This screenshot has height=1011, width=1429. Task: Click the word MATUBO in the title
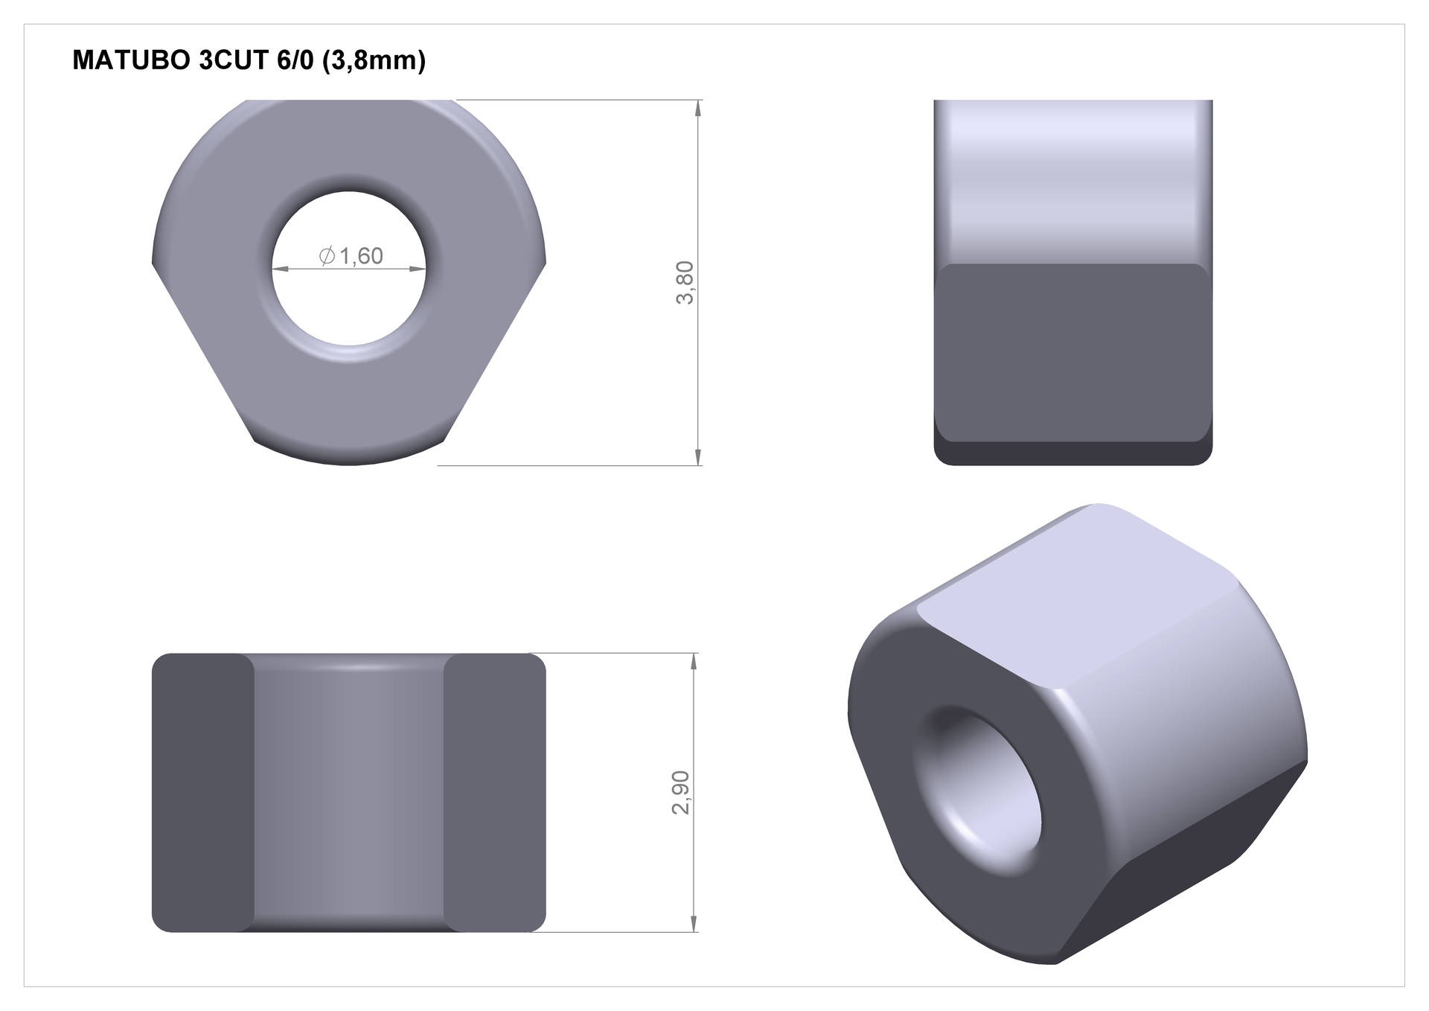[x=131, y=60]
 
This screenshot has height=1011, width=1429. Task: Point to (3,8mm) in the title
[x=374, y=61]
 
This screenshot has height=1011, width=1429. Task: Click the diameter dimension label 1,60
[x=361, y=256]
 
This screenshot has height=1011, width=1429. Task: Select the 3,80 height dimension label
[x=685, y=282]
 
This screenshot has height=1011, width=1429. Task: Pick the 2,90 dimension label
[x=682, y=792]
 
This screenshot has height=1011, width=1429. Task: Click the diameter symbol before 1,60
[x=326, y=256]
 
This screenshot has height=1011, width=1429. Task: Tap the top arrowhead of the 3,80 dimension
[x=697, y=109]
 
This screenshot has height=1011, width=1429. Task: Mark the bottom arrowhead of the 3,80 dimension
[x=697, y=456]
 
